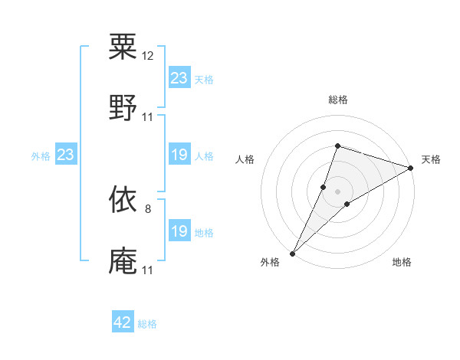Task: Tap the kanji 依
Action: [x=123, y=200]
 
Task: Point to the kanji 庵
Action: [x=123, y=260]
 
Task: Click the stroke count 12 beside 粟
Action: [x=148, y=56]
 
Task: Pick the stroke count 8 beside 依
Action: [x=148, y=209]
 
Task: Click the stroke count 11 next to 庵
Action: [x=147, y=270]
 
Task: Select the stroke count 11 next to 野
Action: [x=148, y=116]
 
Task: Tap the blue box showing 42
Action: [x=123, y=323]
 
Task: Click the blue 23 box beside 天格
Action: [x=179, y=78]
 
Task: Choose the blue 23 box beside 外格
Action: [x=66, y=155]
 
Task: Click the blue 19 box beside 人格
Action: [x=179, y=155]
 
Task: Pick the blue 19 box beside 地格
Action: [x=179, y=232]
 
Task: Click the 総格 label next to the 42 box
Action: [x=147, y=324]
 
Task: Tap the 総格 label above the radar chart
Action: [x=337, y=100]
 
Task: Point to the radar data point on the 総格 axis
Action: [x=337, y=146]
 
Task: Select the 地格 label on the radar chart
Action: [x=402, y=263]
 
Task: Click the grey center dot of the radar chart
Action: [x=337, y=191]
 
